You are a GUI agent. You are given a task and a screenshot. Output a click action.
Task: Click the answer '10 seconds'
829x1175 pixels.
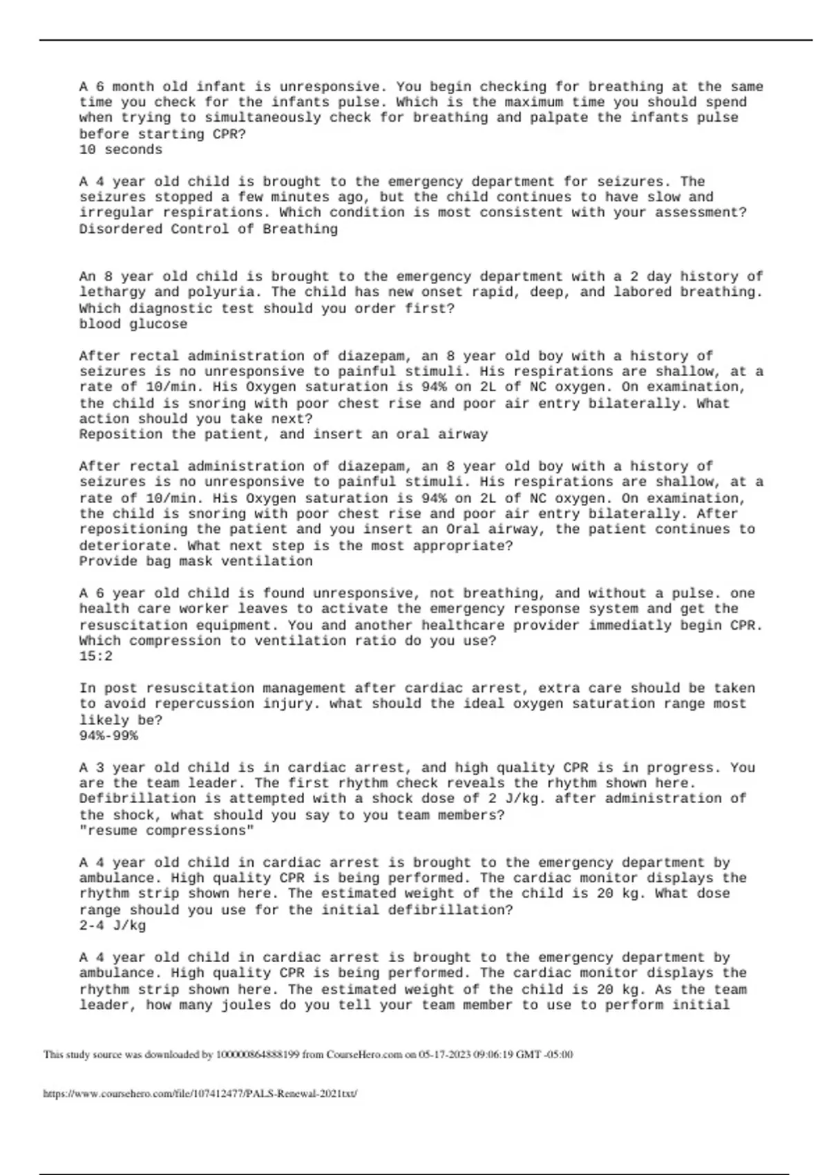[121, 150]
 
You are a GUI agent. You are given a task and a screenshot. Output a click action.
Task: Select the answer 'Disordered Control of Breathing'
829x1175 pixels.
[208, 229]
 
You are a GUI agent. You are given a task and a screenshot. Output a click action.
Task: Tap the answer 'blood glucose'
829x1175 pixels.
[133, 324]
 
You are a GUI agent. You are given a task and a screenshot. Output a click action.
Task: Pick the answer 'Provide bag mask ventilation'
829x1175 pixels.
[196, 561]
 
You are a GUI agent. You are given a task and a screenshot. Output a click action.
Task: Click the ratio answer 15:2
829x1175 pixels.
[95, 657]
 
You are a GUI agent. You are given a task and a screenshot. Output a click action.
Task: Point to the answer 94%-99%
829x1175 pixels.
[108, 736]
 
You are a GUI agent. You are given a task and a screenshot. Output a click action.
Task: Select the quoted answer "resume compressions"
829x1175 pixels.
[166, 831]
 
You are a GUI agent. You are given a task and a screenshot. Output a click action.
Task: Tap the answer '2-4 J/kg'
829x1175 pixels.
[112, 926]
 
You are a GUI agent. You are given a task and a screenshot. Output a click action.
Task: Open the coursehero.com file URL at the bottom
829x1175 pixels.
[200, 1094]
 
